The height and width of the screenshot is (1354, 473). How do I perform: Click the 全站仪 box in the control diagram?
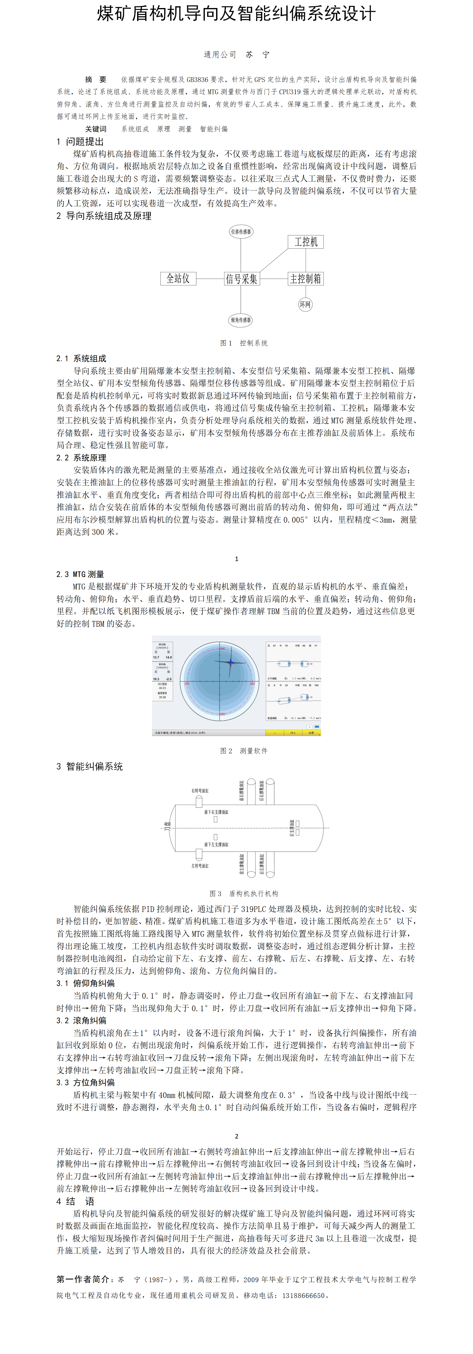(178, 278)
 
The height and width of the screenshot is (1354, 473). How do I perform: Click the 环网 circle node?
(305, 304)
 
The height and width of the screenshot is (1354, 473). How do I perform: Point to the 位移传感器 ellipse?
(241, 231)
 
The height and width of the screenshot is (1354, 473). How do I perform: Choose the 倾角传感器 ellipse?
(241, 320)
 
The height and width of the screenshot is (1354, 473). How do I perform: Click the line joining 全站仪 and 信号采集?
(210, 278)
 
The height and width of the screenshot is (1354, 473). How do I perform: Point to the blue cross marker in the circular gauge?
(230, 662)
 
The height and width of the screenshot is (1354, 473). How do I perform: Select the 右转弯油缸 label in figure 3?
(200, 791)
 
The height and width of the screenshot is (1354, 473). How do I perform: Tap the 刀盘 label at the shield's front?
(168, 826)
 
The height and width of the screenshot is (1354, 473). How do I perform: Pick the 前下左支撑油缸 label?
(216, 845)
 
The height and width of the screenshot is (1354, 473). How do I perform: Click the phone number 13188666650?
(303, 1295)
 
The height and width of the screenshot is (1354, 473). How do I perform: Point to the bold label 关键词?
(96, 129)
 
